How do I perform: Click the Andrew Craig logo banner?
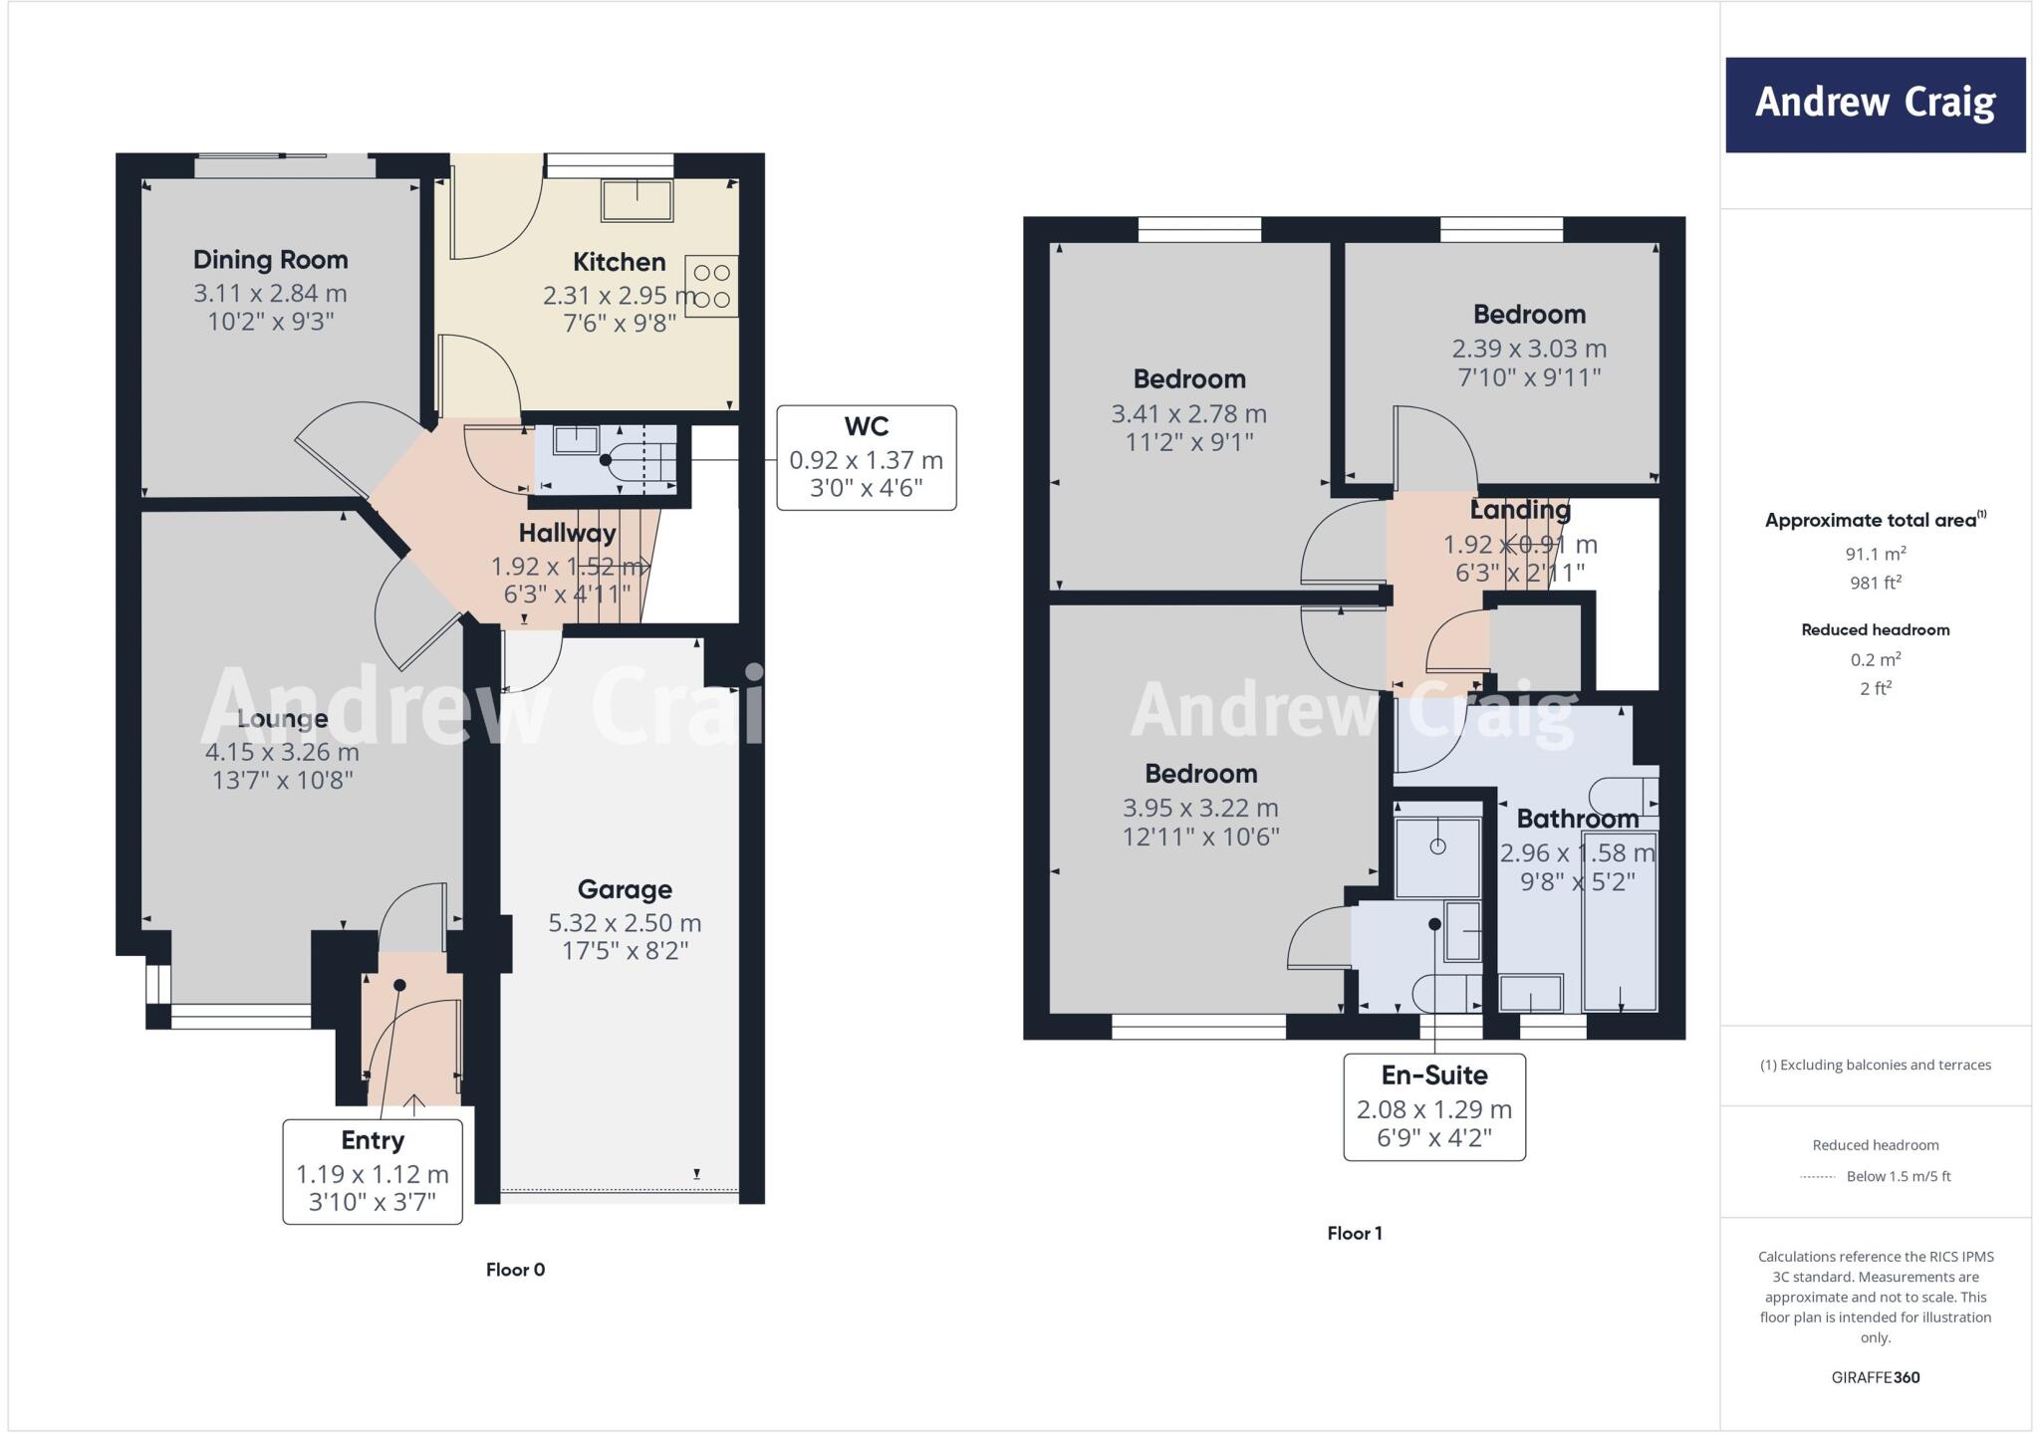pos(1875,105)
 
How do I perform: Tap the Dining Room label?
pos(270,260)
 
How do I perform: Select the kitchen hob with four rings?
pos(711,286)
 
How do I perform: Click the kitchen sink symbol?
pos(637,200)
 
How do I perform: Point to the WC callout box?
pos(866,458)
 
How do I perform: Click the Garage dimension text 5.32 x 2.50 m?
pos(625,923)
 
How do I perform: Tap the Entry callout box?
pos(373,1171)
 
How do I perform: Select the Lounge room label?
pos(282,719)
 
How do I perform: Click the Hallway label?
pos(567,533)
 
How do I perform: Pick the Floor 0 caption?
pos(515,1270)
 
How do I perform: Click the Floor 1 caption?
pos(1354,1233)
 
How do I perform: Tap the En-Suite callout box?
pos(1433,1106)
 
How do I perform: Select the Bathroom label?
pos(1577,819)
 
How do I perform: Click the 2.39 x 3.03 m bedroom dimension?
pos(1529,350)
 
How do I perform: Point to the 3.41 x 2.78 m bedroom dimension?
pos(1188,414)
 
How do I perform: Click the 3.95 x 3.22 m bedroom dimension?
pos(1200,809)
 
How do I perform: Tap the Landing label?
pos(1520,510)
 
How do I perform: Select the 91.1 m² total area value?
pos(1875,554)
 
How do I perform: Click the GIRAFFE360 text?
pos(1875,1377)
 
